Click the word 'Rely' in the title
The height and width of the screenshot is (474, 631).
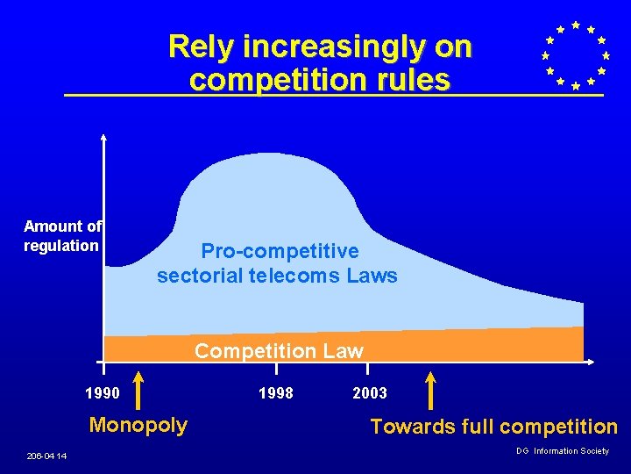coord(196,46)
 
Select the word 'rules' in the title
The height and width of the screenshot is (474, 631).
coord(411,80)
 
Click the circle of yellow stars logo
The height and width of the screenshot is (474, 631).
coord(575,56)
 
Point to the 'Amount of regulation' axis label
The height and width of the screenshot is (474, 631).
coord(62,236)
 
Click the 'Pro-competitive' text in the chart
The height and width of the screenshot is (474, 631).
coord(280,251)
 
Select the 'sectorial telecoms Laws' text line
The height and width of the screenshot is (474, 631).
coord(277,276)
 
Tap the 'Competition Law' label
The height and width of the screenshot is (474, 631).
coord(279,351)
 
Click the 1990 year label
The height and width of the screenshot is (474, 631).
coord(103,392)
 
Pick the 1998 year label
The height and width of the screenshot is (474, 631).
coord(277,392)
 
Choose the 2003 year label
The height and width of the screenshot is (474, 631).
coord(369,392)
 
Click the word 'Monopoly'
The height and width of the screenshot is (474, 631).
coord(138,425)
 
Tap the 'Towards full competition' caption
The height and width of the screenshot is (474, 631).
coord(493,427)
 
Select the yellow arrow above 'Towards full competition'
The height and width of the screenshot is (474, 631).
coord(430,390)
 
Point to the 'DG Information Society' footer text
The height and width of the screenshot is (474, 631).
coord(562,451)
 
